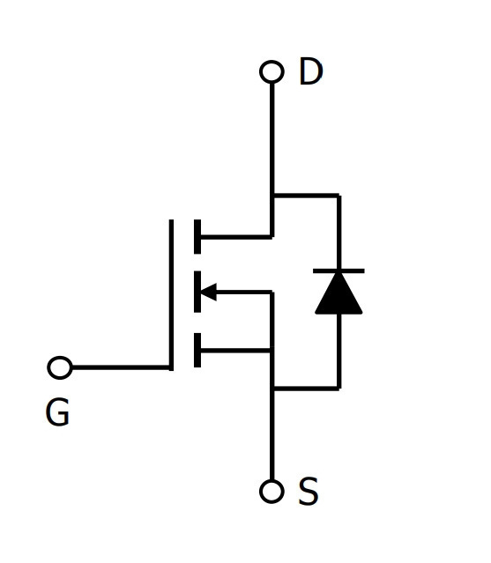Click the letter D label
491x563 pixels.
(x=310, y=71)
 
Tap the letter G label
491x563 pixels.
(x=57, y=412)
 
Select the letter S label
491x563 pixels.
(x=309, y=491)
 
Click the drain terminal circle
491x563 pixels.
(x=272, y=72)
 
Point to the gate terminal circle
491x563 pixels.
(x=60, y=367)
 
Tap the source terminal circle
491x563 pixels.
(x=272, y=491)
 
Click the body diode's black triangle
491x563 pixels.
(x=338, y=293)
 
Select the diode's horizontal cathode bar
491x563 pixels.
(x=338, y=270)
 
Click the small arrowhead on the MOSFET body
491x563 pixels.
(x=208, y=292)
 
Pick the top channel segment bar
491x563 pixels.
(x=197, y=237)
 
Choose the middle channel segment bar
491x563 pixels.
(x=197, y=292)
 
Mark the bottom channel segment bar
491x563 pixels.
(x=197, y=350)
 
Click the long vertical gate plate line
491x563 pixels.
(x=171, y=295)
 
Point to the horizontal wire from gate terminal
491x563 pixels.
(x=121, y=367)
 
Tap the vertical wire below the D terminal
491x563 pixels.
(x=272, y=159)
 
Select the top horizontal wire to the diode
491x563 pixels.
(x=306, y=196)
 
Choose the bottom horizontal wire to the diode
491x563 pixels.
(x=306, y=389)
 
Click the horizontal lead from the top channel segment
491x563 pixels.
(x=236, y=237)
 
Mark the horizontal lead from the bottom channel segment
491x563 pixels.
(x=235, y=350)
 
